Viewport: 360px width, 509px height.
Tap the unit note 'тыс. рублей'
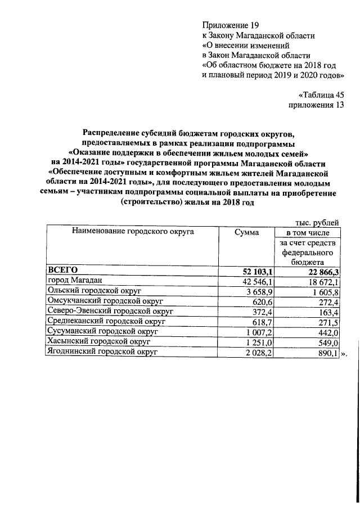[x=317, y=223]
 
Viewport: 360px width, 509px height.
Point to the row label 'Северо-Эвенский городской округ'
[x=111, y=311]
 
